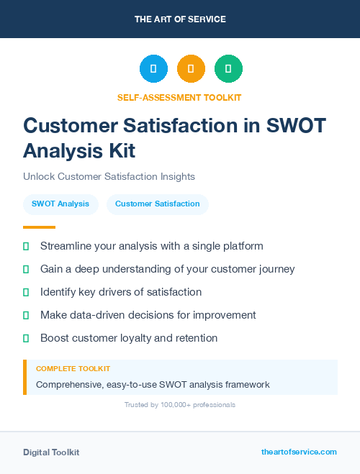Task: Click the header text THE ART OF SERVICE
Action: [x=180, y=19]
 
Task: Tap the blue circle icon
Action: [x=153, y=69]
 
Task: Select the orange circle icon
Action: [x=191, y=69]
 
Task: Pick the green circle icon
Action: [x=228, y=69]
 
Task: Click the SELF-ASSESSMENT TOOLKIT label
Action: [x=180, y=97]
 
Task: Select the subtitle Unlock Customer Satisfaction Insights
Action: [x=109, y=176]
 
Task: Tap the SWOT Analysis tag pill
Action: [x=60, y=204]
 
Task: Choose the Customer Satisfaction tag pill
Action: [x=158, y=204]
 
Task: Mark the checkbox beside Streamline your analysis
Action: [x=26, y=247]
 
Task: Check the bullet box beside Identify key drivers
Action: [x=26, y=293]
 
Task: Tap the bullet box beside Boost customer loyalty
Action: [x=26, y=338]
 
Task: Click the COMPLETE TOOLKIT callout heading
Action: [x=73, y=369]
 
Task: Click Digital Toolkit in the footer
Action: [x=51, y=452]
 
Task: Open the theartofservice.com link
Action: [x=299, y=452]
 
